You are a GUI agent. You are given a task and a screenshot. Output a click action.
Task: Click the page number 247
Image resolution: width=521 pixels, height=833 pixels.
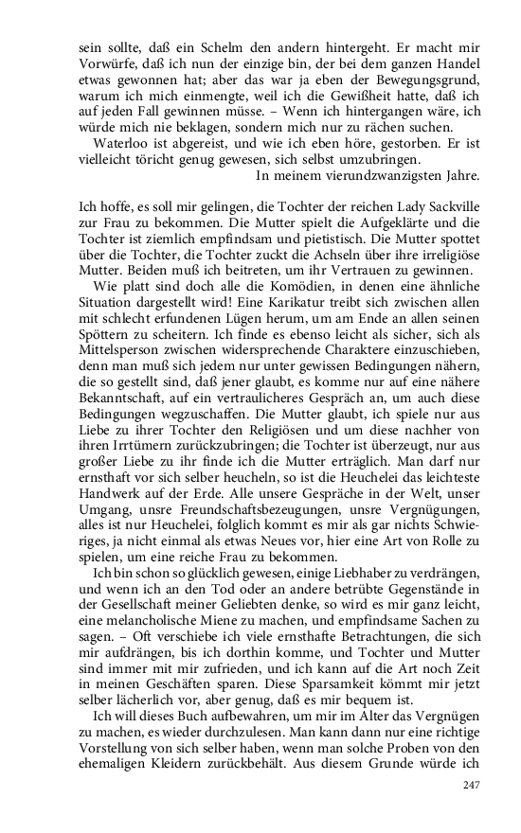(x=472, y=785)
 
